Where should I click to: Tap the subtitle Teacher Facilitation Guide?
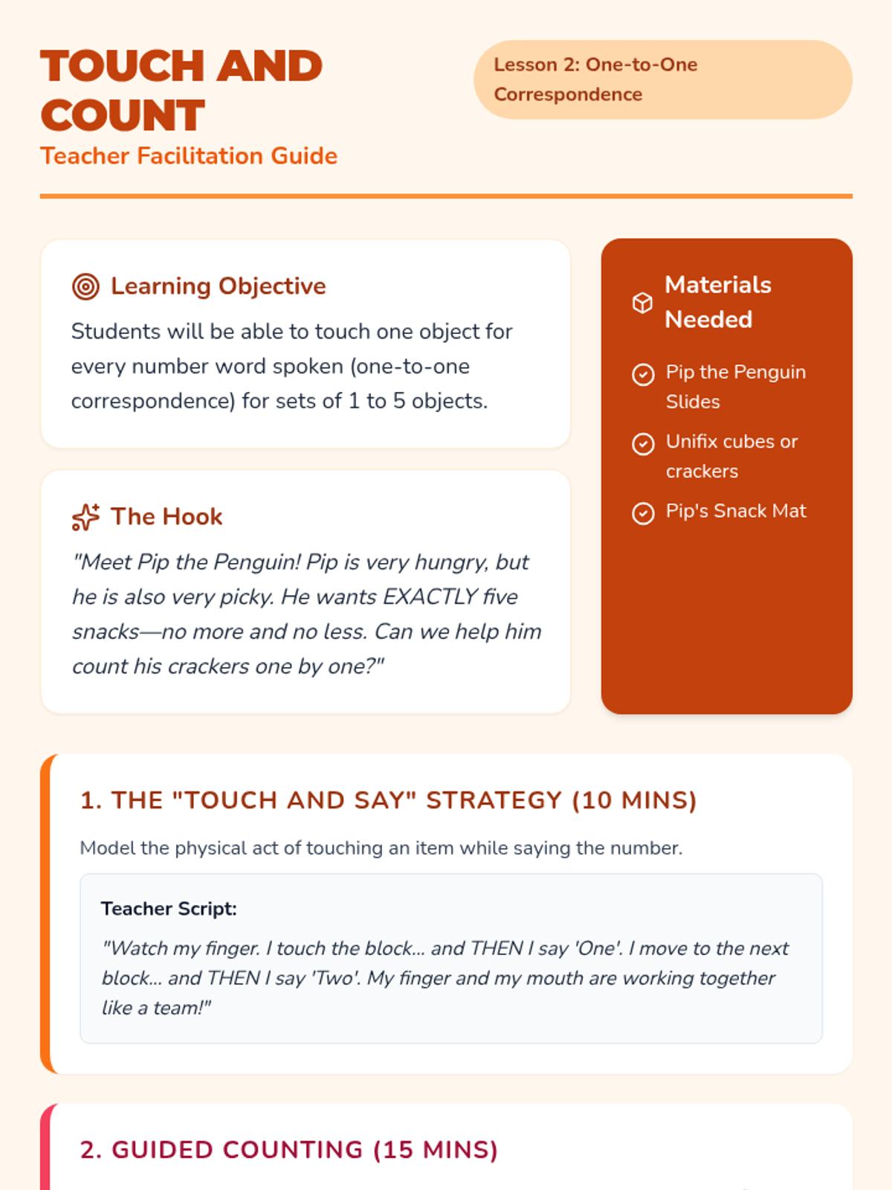click(189, 156)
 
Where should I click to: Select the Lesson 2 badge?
click(662, 80)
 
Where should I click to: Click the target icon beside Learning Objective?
click(85, 286)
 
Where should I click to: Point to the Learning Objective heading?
click(218, 286)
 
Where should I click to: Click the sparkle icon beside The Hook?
click(85, 517)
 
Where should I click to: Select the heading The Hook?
click(167, 517)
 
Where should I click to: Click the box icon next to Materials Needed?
click(642, 303)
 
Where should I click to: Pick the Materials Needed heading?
click(717, 302)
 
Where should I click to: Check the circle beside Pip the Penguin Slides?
click(643, 374)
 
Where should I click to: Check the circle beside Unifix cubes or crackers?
click(643, 444)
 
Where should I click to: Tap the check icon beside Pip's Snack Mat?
click(643, 513)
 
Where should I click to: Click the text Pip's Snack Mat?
click(736, 511)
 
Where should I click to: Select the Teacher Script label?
click(169, 909)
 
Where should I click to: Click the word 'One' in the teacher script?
click(598, 948)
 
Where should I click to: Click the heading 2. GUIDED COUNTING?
click(288, 1150)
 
